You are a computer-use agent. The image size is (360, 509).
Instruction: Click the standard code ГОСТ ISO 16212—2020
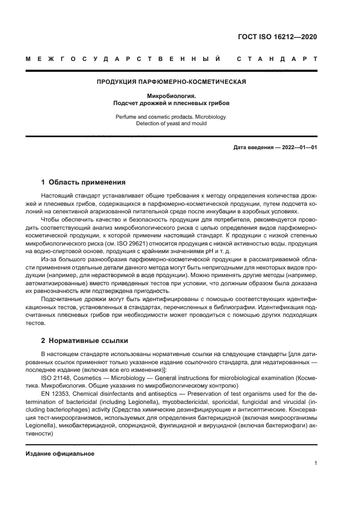coord(277,38)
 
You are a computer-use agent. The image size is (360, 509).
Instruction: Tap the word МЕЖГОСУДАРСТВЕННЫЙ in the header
coord(123,58)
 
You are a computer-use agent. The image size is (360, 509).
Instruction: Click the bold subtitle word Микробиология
coord(171,96)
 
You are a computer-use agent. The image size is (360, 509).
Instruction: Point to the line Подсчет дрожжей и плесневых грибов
coord(171,102)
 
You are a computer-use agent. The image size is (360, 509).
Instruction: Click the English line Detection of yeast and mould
coord(171,124)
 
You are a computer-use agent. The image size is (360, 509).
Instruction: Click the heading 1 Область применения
coord(84,182)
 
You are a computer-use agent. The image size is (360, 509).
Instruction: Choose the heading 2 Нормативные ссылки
coord(85,341)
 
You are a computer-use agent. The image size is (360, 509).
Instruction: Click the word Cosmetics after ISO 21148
coord(90,378)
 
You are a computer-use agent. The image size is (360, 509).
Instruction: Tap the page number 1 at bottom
coord(315,463)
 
